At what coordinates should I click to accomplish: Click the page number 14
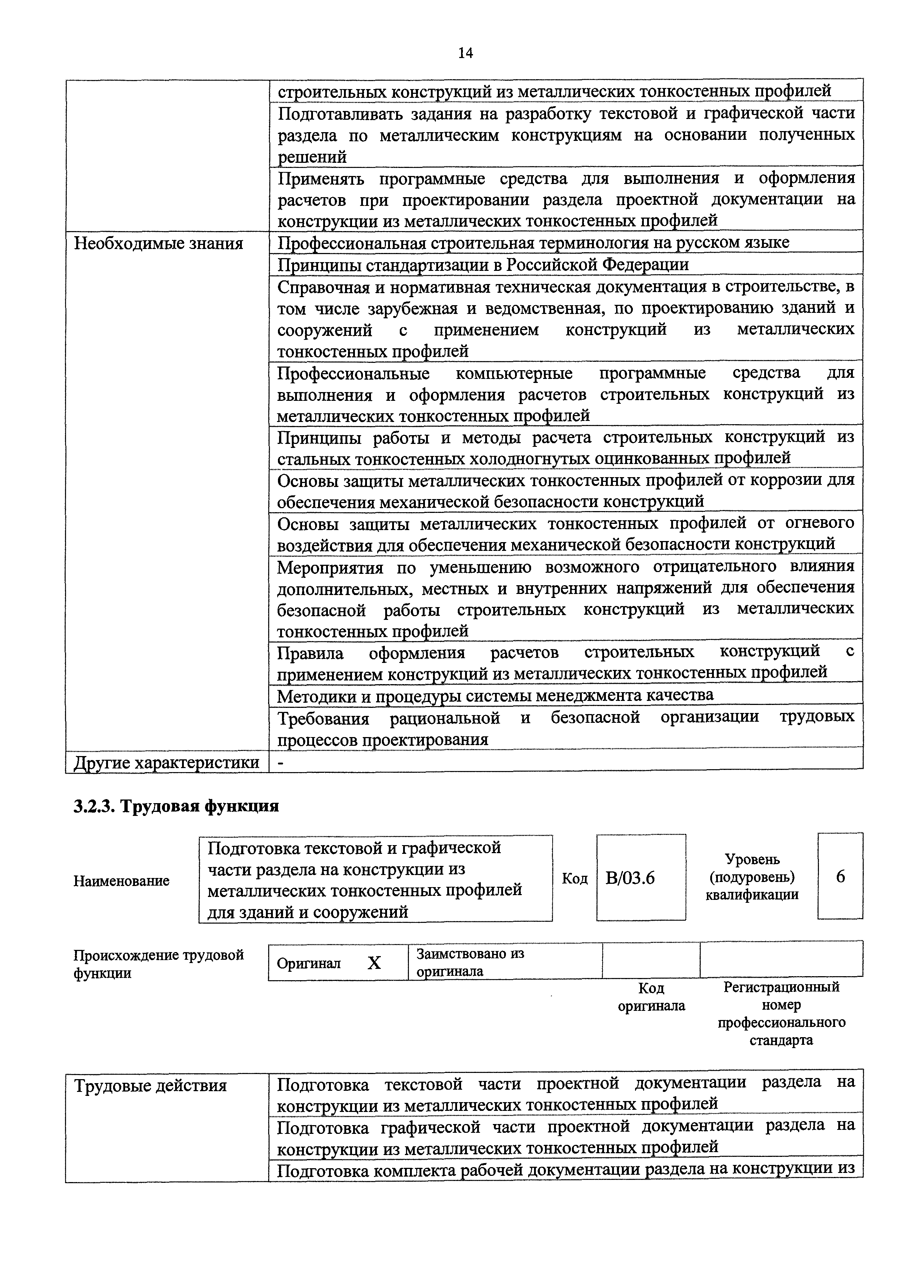coord(465,53)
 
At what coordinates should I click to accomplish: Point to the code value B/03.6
coord(630,878)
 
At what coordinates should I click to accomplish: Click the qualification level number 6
coord(840,877)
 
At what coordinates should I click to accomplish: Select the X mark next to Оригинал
coord(374,963)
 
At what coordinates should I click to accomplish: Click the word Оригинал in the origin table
coord(308,963)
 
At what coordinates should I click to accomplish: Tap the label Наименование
coord(121,881)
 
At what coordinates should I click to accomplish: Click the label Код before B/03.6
coord(575,879)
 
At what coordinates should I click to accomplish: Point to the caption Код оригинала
coord(651,997)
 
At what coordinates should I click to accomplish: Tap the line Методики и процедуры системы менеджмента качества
coord(495,695)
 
